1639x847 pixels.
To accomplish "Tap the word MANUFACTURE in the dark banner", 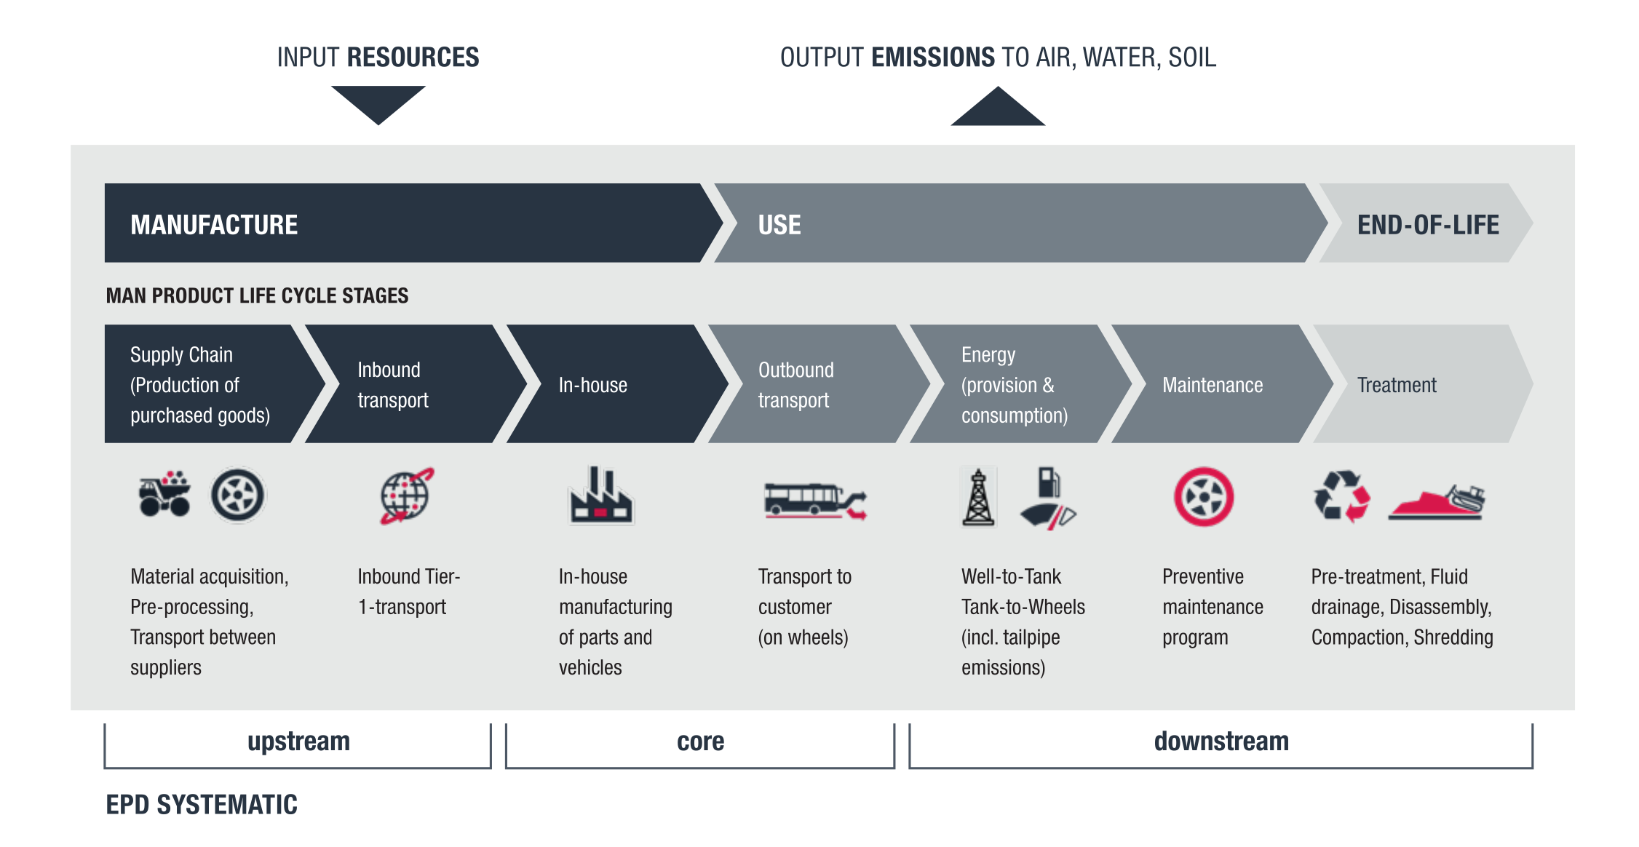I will [x=214, y=225].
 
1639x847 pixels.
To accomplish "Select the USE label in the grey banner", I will [x=779, y=225].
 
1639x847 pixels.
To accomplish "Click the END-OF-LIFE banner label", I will [x=1427, y=225].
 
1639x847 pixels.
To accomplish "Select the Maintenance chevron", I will [x=1213, y=384].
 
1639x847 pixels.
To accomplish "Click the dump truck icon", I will [x=165, y=495].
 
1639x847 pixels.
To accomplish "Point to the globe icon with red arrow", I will [x=406, y=496].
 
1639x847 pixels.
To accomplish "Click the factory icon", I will [x=600, y=497].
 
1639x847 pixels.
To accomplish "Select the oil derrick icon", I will [x=978, y=498].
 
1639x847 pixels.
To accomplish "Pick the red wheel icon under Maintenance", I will [x=1203, y=497].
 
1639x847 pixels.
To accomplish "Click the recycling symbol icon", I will [x=1341, y=496].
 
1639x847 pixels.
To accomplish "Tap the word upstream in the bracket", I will [x=298, y=741].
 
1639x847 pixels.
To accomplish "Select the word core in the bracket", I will [x=700, y=741].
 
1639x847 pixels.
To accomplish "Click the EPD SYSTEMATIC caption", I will [x=202, y=805].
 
